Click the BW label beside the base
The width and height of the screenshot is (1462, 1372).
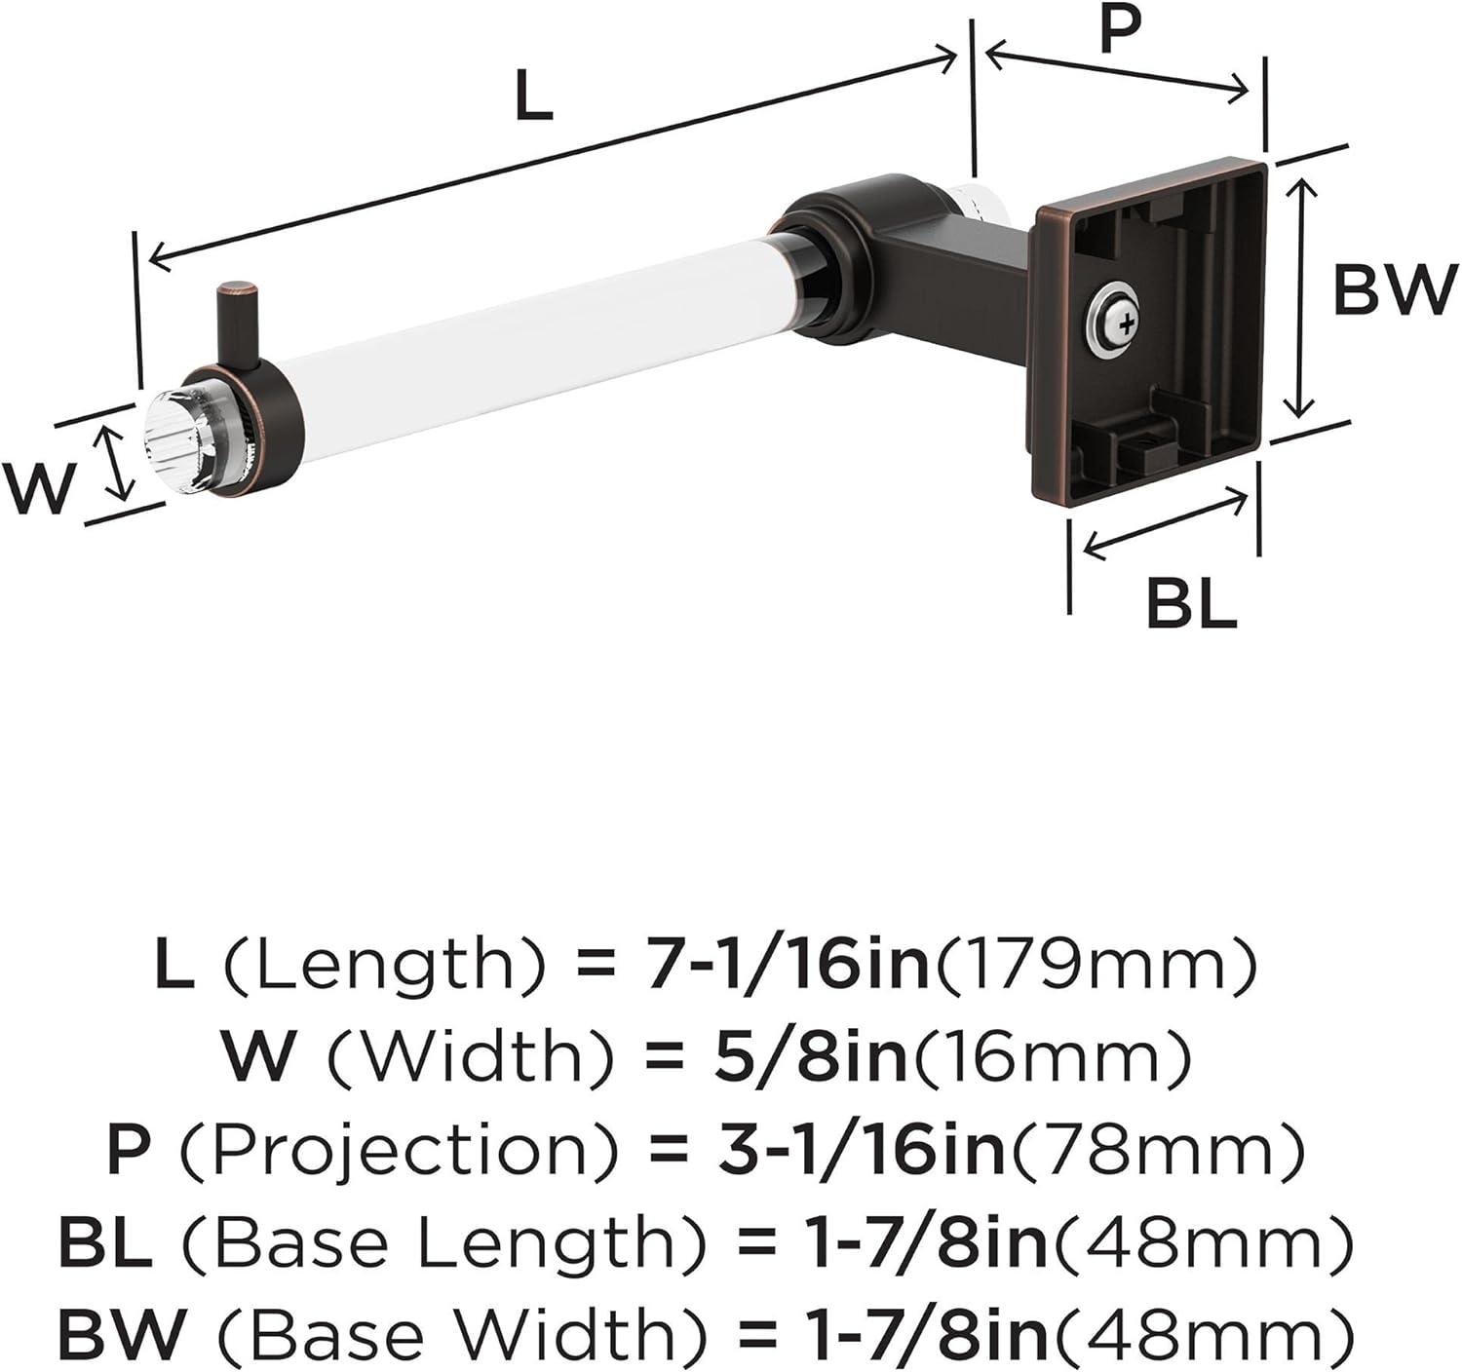[x=1395, y=289]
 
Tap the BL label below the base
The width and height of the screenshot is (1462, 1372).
[x=1191, y=604]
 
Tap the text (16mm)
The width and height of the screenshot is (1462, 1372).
[x=1050, y=1057]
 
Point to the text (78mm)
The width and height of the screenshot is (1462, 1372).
[x=1157, y=1150]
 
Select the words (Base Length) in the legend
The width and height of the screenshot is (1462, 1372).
[x=443, y=1244]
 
